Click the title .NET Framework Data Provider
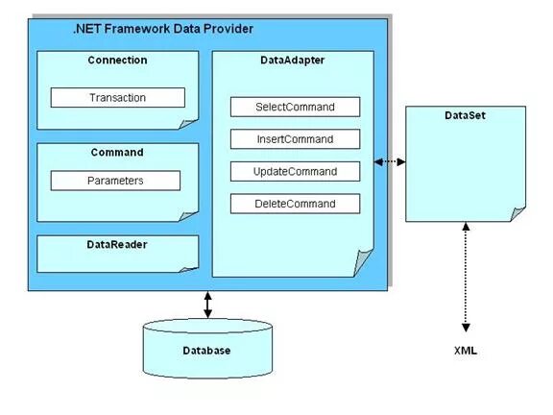point(163,30)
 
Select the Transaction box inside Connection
point(117,98)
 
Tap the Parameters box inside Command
point(115,181)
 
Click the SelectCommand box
point(295,107)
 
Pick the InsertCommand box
point(295,139)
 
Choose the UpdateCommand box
point(295,172)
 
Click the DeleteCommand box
point(295,204)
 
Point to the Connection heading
point(117,61)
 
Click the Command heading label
point(117,152)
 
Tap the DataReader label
point(117,245)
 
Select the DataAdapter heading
point(292,61)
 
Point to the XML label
point(465,352)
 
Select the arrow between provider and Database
point(206,305)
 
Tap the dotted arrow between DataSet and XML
point(465,279)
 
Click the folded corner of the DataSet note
point(517,211)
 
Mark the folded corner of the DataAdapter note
point(363,262)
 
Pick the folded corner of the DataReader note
point(190,264)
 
